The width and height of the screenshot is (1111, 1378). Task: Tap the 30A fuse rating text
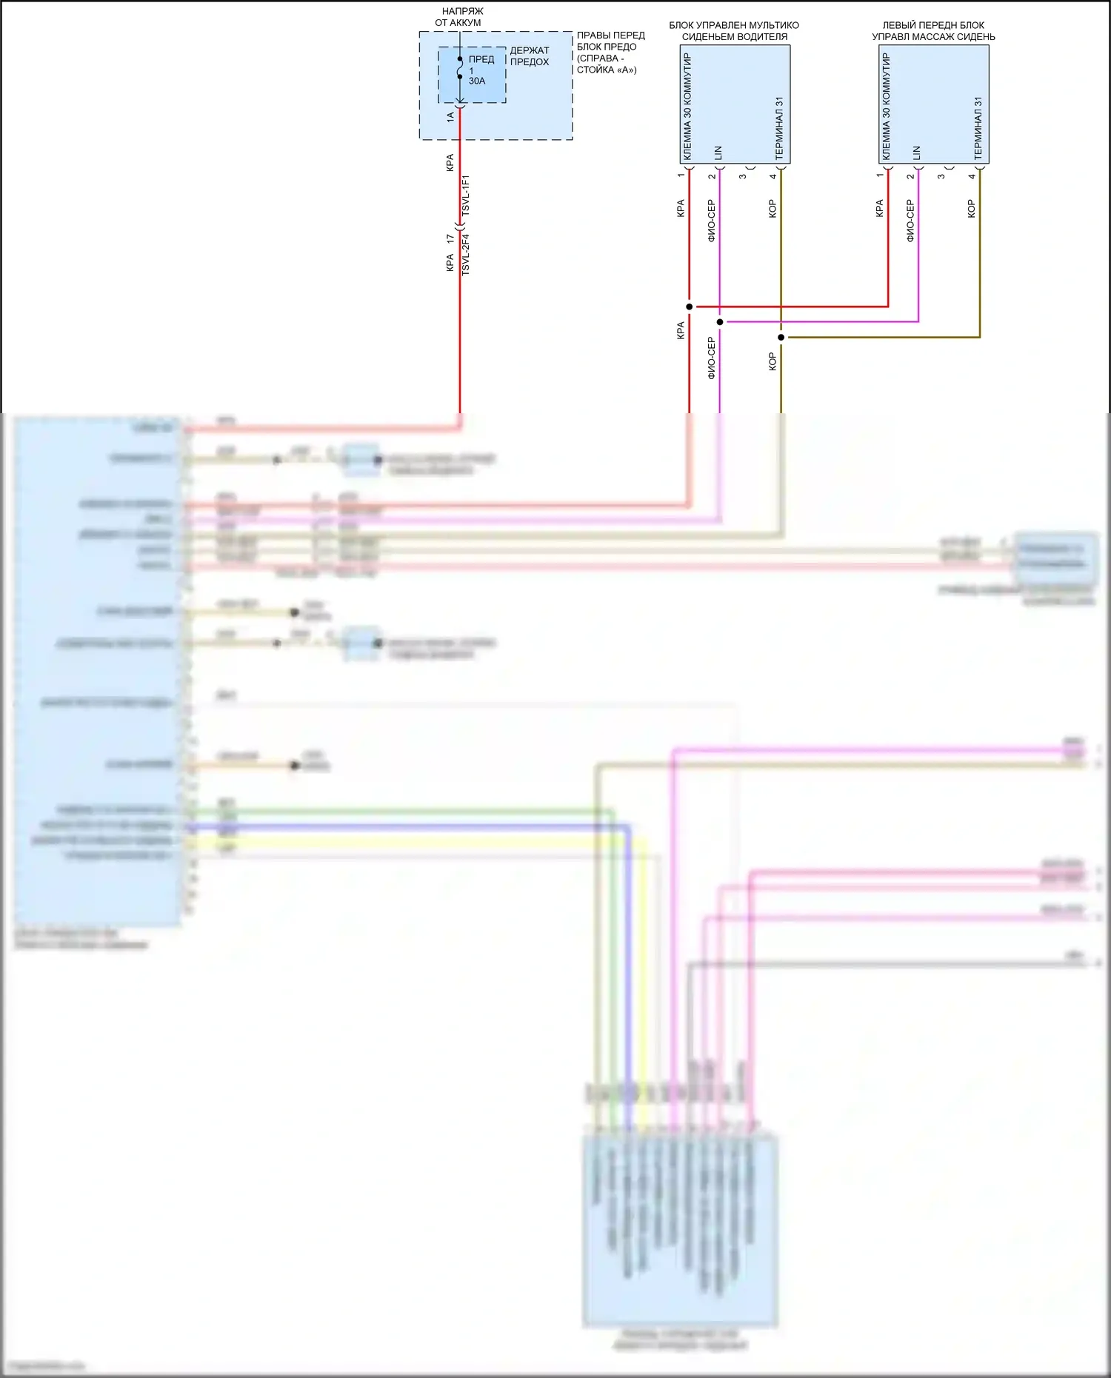point(477,81)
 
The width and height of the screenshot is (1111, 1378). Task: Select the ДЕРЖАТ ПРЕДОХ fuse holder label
point(530,56)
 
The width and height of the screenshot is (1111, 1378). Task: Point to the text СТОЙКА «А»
point(607,70)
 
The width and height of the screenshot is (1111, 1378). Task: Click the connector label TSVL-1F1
point(466,195)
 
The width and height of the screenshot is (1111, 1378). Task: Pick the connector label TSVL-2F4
point(466,255)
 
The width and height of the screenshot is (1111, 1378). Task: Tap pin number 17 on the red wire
point(450,239)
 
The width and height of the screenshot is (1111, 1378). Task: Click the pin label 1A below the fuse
point(450,116)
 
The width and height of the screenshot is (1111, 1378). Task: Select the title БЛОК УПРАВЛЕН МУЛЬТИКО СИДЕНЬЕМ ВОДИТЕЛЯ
point(734,31)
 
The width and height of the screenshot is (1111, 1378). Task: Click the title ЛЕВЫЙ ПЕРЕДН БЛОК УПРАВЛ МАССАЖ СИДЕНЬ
point(933,31)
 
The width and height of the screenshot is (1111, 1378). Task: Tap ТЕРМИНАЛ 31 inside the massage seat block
point(978,128)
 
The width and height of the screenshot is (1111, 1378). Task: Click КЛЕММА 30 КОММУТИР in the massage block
point(887,106)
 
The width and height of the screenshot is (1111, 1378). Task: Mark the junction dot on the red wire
point(690,307)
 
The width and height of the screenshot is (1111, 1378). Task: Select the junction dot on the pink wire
point(720,322)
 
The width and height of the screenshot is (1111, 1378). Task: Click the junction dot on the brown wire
point(781,338)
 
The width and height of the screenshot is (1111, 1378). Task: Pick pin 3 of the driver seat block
point(742,176)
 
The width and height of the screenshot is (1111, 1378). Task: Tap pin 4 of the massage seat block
point(972,176)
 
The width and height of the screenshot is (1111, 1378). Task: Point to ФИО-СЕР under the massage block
point(910,221)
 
